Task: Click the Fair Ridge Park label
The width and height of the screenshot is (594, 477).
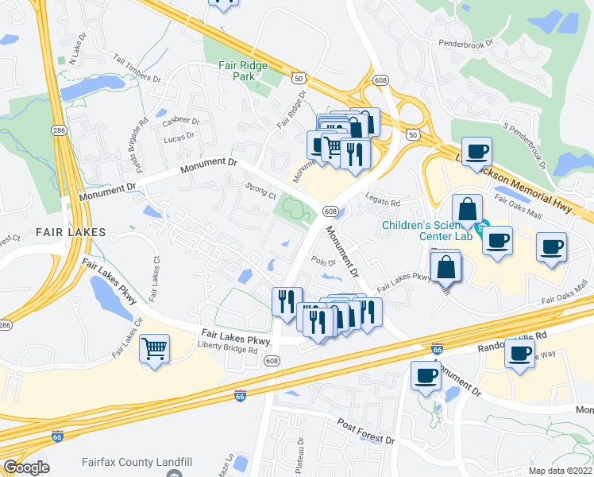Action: point(244,71)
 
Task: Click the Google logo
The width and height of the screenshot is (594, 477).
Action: point(26,467)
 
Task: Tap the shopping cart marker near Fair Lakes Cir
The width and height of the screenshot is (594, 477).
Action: point(154,347)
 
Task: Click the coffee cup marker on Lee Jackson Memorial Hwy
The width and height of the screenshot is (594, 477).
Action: point(477,151)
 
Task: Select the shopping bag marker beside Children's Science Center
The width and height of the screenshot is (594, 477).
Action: point(468,209)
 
